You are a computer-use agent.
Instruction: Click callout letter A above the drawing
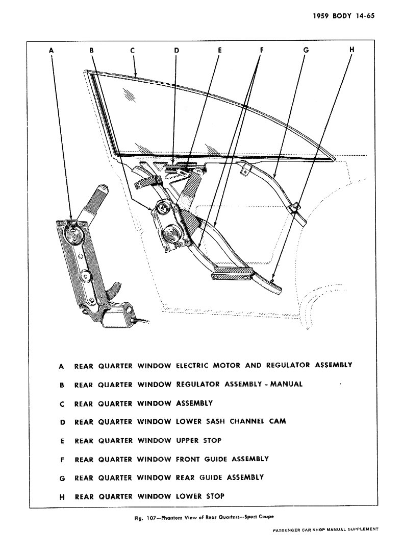pos(52,50)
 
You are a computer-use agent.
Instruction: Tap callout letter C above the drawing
pos(132,50)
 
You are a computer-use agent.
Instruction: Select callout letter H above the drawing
pos(352,50)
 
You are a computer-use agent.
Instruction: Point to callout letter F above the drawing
pos(261,50)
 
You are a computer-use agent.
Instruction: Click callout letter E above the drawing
pos(219,50)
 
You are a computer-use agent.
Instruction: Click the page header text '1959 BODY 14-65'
pos(344,16)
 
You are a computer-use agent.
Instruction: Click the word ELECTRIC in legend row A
pos(192,365)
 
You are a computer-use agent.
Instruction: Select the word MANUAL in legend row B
pos(287,384)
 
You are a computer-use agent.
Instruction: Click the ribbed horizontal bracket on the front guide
pos(232,274)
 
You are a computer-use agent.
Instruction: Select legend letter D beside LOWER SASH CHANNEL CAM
pos(61,422)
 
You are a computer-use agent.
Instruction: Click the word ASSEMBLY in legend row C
pos(194,403)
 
